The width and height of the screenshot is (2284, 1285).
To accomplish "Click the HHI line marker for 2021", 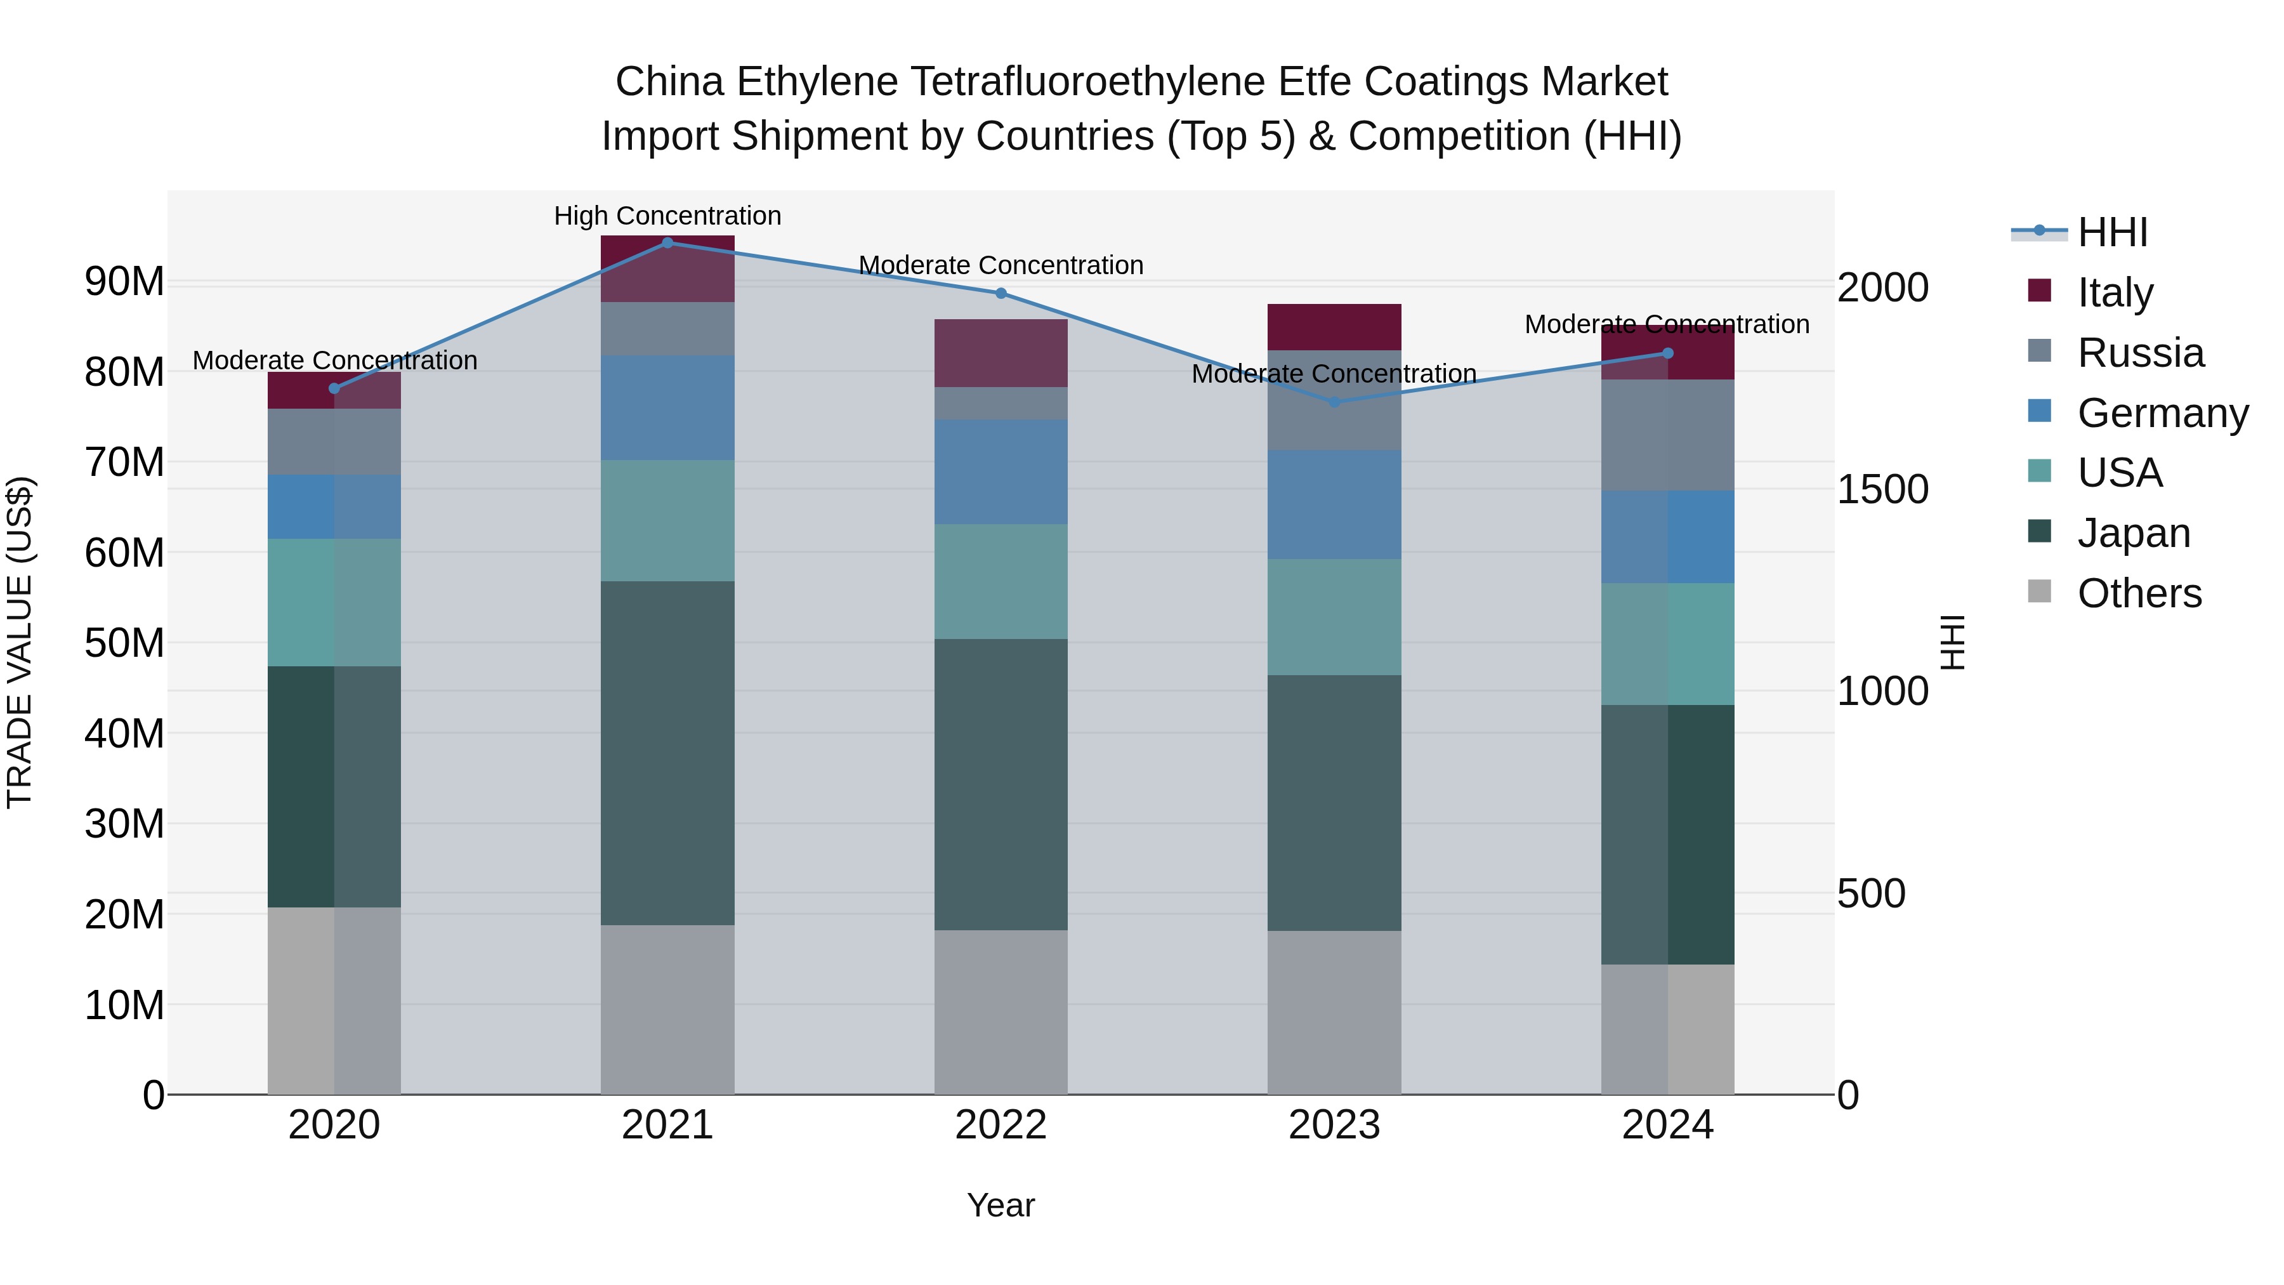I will (667, 242).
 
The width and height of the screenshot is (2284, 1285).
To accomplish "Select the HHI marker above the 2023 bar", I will (1334, 402).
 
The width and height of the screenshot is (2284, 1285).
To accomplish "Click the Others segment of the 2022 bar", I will (1001, 1012).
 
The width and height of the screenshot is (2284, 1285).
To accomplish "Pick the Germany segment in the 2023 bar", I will (1334, 504).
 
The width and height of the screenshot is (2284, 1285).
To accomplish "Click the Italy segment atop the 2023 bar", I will (1334, 326).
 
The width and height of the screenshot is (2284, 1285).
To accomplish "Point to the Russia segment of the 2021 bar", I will (667, 328).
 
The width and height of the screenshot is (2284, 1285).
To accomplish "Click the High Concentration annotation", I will (667, 216).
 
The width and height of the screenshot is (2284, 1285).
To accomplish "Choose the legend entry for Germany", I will (2162, 412).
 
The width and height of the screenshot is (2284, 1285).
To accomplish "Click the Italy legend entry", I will (2115, 292).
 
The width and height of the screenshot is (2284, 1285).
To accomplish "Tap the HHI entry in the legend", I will (2112, 232).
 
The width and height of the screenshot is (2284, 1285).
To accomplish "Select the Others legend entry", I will (2139, 593).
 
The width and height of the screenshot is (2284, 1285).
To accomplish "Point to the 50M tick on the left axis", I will (124, 643).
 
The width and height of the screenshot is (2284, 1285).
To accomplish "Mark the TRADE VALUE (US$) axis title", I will (20, 642).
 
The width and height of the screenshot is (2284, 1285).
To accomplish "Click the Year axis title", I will (1001, 1205).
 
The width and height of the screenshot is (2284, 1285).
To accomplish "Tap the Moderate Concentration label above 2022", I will (1001, 265).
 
